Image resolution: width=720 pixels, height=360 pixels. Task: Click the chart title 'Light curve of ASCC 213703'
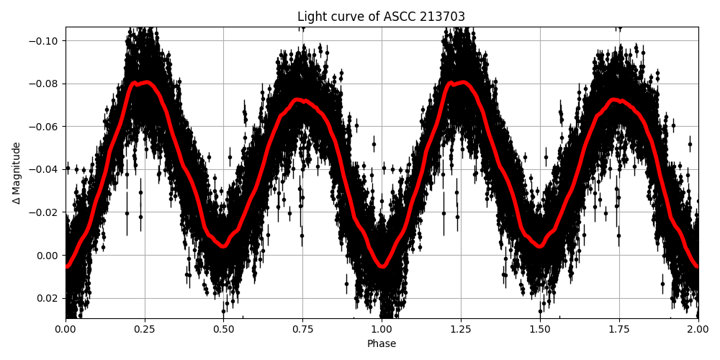(x=381, y=17)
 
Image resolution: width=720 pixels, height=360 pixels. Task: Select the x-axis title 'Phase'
(x=381, y=344)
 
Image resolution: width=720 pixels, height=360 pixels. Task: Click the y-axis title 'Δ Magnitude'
(x=17, y=173)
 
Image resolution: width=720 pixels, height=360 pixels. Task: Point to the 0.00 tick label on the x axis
(x=66, y=329)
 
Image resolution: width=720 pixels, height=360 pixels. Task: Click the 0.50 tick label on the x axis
(x=223, y=329)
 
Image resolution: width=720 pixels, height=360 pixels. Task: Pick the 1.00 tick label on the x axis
(x=382, y=329)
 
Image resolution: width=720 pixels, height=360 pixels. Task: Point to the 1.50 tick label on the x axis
(x=540, y=329)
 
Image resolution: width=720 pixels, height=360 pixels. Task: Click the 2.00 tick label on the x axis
(x=698, y=329)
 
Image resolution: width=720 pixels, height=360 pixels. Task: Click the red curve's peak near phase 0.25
(x=145, y=82)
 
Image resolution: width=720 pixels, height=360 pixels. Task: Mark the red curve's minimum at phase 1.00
(x=382, y=266)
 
